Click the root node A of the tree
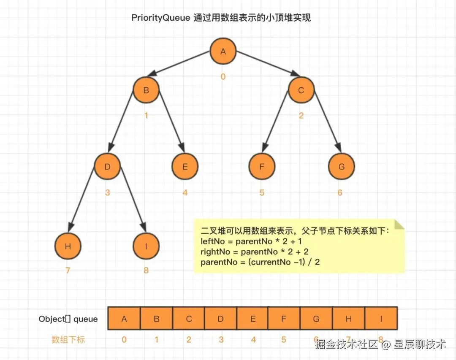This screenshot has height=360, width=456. coord(223,52)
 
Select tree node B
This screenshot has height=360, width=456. coord(146,90)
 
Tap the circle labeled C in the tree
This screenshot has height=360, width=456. coord(301,90)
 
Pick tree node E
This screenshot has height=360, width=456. coord(185,166)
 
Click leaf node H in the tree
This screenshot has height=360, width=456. coord(68,246)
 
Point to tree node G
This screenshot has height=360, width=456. coord(341,166)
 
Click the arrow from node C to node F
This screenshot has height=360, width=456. coord(275,122)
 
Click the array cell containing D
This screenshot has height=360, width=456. coord(220,319)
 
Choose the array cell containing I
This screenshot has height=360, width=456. coord(381,319)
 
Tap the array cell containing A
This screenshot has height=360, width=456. coord(124,319)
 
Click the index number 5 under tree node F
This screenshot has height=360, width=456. coord(262,192)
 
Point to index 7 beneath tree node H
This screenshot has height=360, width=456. coord(68,271)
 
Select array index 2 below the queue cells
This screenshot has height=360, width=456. coord(189,339)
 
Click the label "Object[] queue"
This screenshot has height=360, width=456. coord(68,319)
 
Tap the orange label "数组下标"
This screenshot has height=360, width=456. coord(68,339)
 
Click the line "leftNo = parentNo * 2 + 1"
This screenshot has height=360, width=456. coord(251,242)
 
